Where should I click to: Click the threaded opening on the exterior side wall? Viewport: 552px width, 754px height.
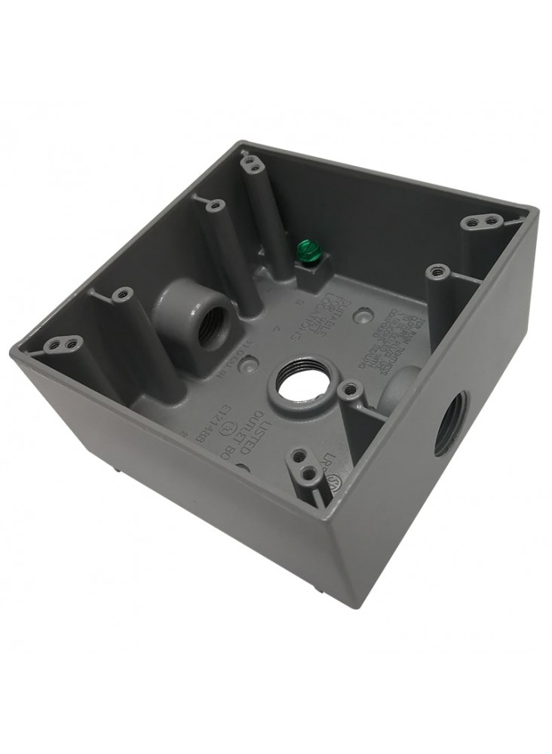pyautogui.click(x=453, y=423)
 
